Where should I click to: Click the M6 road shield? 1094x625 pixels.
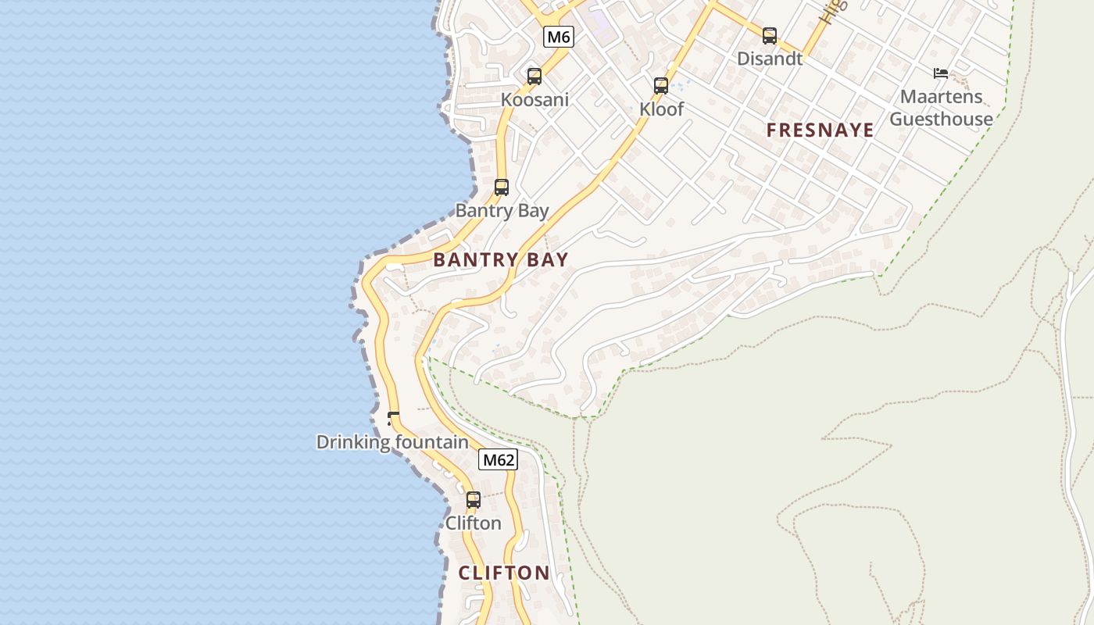(x=559, y=36)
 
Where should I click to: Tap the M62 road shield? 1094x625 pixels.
(x=499, y=460)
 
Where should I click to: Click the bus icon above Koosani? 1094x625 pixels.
(x=534, y=77)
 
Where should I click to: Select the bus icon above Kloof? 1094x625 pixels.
(x=661, y=86)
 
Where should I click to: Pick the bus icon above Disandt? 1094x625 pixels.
(x=770, y=35)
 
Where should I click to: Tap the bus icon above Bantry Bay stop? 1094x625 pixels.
(x=502, y=187)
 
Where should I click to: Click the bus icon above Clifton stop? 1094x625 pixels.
(x=474, y=500)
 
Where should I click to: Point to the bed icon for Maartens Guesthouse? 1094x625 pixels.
(x=941, y=74)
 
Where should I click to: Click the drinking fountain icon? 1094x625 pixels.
(x=393, y=419)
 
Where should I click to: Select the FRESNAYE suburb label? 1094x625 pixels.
(x=820, y=130)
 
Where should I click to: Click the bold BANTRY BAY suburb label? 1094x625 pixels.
(x=501, y=260)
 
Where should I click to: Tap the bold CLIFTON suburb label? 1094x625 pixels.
(x=504, y=573)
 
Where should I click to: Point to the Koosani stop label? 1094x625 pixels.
(x=534, y=100)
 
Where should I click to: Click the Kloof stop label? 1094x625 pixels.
(x=661, y=109)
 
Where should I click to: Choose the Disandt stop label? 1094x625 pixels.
(x=770, y=59)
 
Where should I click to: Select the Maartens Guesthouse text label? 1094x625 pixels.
(x=941, y=108)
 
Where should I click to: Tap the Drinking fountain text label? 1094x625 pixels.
(x=392, y=442)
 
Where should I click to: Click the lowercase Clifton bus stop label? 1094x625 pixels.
(x=474, y=523)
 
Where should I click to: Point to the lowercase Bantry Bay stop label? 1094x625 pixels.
(x=502, y=211)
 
